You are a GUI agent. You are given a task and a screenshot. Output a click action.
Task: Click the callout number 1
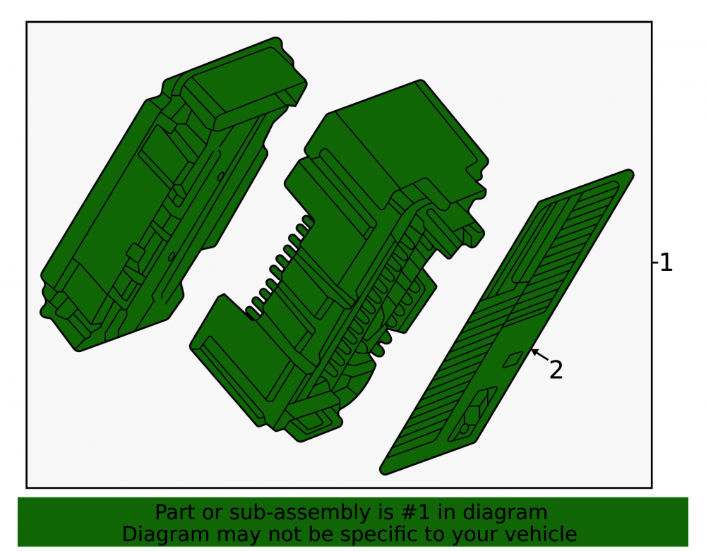tap(666, 262)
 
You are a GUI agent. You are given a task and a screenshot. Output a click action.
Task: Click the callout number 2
tap(556, 370)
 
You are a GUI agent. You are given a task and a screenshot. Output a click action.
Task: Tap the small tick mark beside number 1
tap(655, 262)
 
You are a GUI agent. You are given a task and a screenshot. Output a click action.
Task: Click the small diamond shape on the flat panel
tap(513, 359)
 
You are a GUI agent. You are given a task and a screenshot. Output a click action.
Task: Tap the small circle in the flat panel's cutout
tap(464, 429)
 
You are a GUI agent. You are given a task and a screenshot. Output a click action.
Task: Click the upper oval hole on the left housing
tap(220, 177)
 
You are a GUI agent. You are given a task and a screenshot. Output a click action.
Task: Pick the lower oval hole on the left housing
tap(172, 256)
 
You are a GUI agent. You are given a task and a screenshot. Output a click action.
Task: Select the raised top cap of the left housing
tap(243, 85)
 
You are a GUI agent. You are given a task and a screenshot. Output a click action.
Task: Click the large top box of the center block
tap(396, 144)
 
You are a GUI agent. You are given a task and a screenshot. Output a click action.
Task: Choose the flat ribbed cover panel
tap(506, 322)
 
